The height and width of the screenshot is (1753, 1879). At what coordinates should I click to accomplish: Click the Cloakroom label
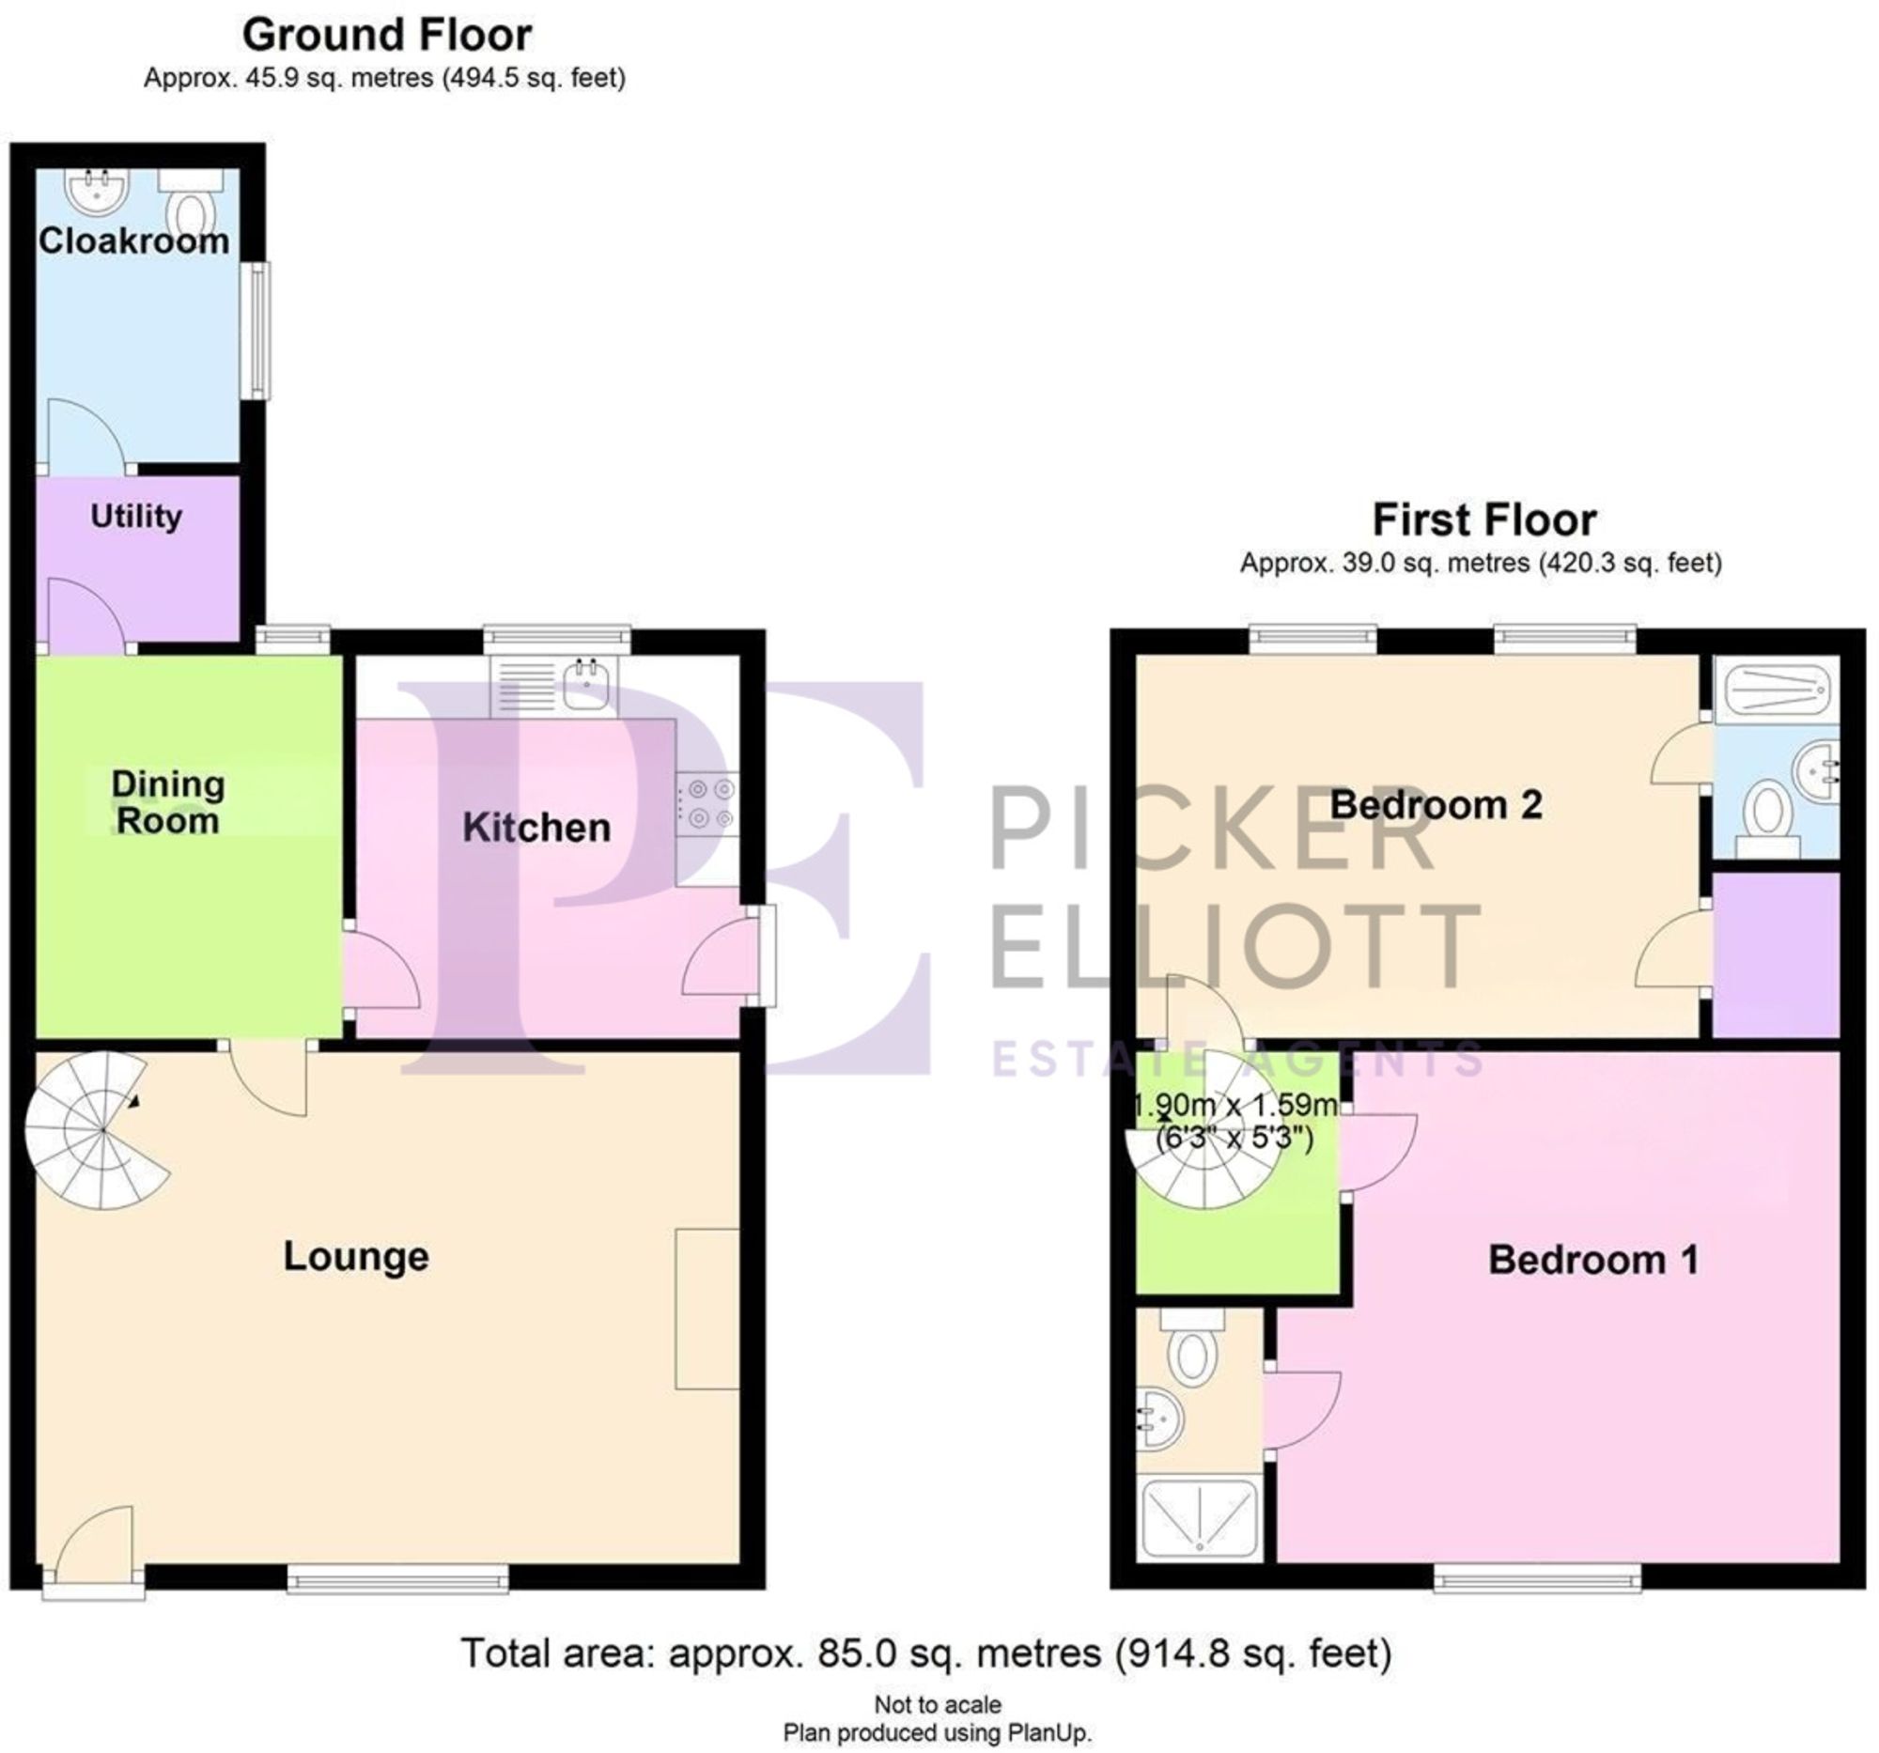[x=133, y=241]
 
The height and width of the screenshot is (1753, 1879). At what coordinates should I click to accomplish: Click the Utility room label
[x=136, y=516]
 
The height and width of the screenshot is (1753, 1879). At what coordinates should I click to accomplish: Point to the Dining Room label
[x=167, y=802]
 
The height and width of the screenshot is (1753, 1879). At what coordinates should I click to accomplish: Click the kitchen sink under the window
[x=587, y=684]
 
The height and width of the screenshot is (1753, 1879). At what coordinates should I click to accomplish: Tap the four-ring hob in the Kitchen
[x=708, y=803]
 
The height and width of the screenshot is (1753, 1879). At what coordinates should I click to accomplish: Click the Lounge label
[x=356, y=1256]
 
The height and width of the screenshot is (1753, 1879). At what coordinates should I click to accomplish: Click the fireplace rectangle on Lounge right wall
[x=707, y=1309]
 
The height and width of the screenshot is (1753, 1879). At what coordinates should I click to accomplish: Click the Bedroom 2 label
[x=1436, y=805]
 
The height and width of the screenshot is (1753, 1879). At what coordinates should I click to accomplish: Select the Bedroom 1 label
[x=1592, y=1260]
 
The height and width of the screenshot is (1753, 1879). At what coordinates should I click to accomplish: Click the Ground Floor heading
[x=386, y=36]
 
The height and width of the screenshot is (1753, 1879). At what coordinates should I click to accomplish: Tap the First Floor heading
[x=1483, y=520]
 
